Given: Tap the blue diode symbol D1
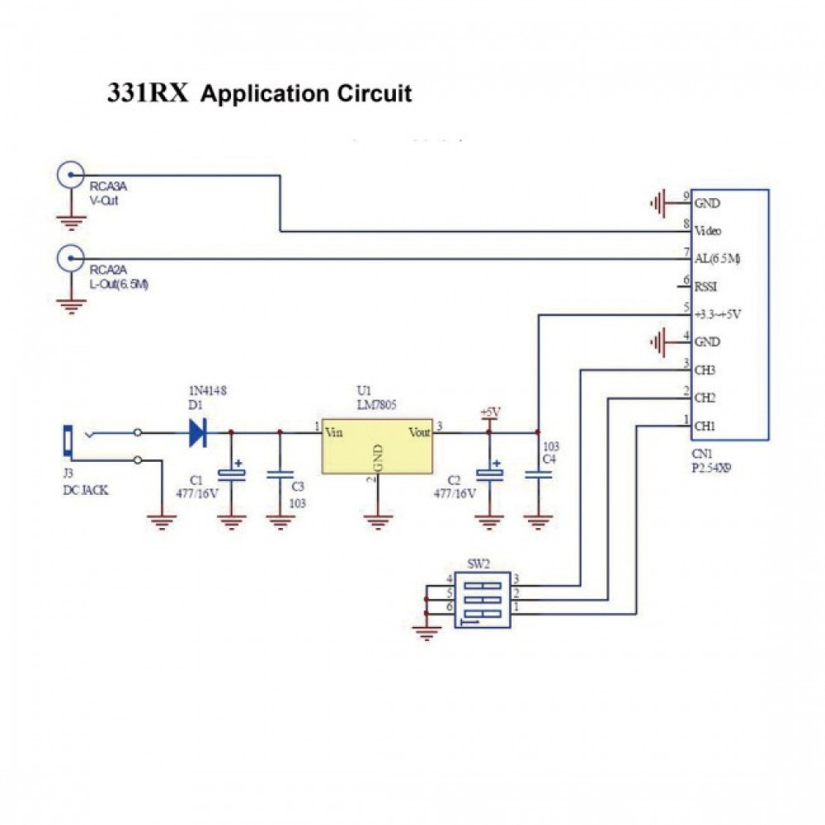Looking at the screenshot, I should click(197, 431).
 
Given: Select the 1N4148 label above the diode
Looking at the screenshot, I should click(208, 390).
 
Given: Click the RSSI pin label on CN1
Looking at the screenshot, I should click(706, 287).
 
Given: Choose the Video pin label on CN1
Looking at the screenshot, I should click(708, 231).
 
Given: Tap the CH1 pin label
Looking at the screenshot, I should click(705, 426).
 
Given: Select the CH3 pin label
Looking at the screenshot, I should click(705, 370).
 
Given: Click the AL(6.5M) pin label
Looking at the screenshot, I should click(717, 259).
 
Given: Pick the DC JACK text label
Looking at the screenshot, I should click(85, 490).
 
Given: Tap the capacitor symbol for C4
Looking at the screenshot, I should click(538, 475).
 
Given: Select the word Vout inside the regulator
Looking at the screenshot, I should click(420, 431).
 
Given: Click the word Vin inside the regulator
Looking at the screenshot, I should click(334, 431).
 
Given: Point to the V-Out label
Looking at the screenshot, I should click(105, 200).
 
